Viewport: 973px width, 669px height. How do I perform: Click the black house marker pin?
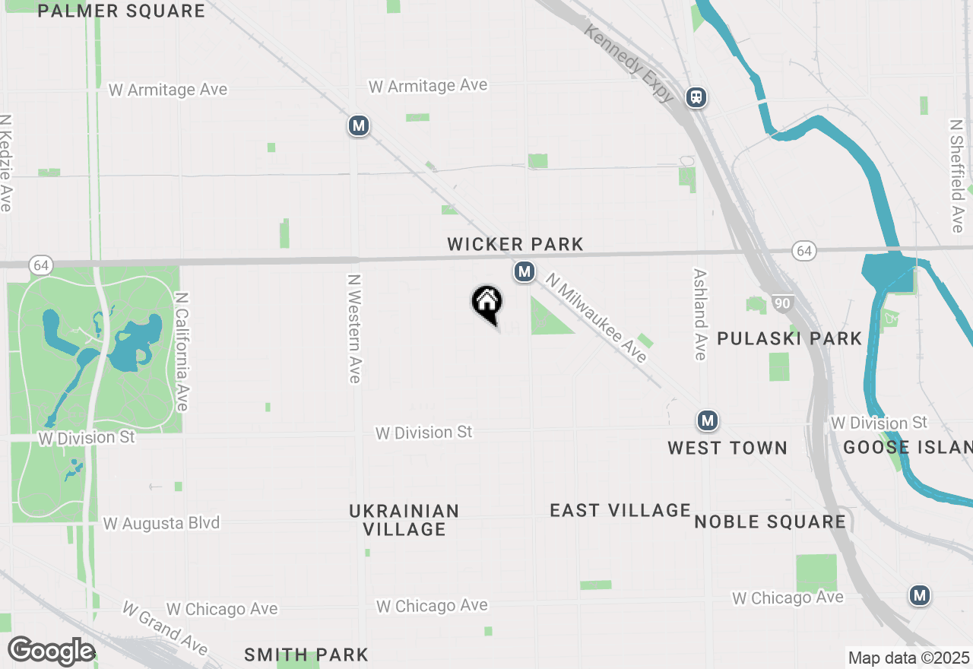[487, 303]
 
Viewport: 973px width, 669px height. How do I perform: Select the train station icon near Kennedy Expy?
[696, 97]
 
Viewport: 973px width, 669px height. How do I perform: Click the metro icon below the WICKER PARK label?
[524, 271]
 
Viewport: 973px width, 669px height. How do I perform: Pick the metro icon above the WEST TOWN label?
[708, 420]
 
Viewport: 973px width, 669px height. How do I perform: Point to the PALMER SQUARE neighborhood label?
[121, 11]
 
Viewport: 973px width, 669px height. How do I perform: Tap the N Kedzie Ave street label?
[7, 163]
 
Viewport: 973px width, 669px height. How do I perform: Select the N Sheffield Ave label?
[957, 176]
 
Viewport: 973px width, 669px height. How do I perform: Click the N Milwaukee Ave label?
[597, 319]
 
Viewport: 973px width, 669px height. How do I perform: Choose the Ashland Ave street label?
[700, 314]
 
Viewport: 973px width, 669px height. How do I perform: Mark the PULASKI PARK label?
[790, 338]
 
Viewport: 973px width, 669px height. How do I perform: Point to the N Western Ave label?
[353, 328]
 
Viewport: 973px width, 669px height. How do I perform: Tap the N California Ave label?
[182, 352]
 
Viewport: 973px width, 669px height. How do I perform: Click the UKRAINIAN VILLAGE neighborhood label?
[404, 520]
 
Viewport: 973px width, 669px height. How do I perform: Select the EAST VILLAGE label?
[620, 510]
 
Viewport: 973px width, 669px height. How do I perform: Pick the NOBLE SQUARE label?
[770, 522]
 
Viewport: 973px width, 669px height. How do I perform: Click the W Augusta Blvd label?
[161, 523]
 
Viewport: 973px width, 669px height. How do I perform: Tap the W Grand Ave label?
[164, 629]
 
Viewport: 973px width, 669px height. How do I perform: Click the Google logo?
[51, 652]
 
